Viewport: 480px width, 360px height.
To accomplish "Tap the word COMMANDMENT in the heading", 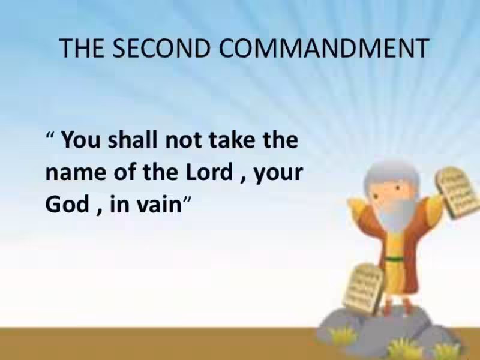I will (x=324, y=48).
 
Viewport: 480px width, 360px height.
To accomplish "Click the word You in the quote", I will (x=82, y=141).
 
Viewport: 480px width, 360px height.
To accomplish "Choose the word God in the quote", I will (x=65, y=205).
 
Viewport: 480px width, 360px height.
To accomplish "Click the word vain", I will (x=160, y=205).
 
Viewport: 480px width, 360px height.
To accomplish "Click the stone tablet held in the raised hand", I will (x=458, y=192).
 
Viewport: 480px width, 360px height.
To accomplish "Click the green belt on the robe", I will (x=394, y=259).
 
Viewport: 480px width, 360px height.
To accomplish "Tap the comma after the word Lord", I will (x=240, y=179).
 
